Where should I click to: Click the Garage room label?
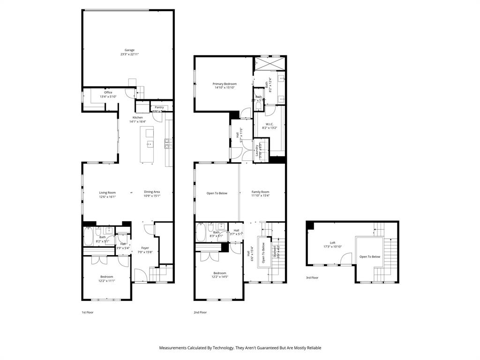[x=129, y=50]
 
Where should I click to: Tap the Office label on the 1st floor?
[x=108, y=92]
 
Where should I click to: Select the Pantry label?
[x=159, y=107]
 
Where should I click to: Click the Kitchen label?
[x=137, y=117]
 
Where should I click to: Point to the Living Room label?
[x=107, y=192]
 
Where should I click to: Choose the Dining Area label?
[x=152, y=192]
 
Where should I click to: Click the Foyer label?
[x=145, y=248]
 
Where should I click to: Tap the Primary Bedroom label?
[x=225, y=84]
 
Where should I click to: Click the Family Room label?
[x=260, y=192]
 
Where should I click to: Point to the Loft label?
[x=332, y=243]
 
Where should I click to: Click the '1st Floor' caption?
[x=88, y=312]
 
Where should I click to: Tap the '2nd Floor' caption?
[x=200, y=312]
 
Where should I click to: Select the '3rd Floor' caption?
[x=312, y=277]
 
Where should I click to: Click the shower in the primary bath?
[x=270, y=63]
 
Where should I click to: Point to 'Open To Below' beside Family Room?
[x=217, y=193]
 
